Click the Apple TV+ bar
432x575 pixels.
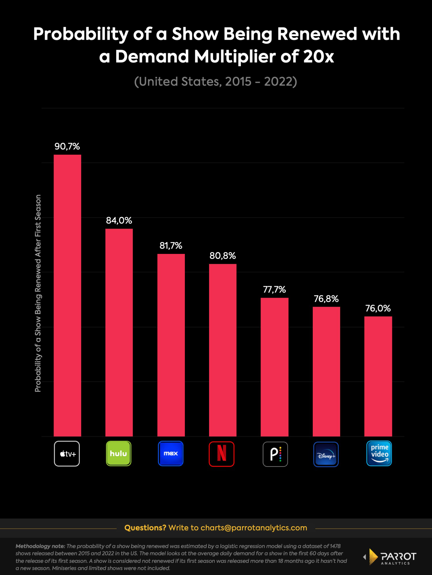(x=67, y=295)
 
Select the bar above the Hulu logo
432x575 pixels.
(x=119, y=332)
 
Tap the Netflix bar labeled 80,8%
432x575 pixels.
(x=223, y=350)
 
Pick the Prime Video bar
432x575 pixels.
(x=378, y=376)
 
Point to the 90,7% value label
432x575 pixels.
(x=67, y=147)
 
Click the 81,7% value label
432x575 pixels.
(x=171, y=246)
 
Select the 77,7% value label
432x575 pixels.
(x=274, y=289)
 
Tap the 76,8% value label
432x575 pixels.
(x=326, y=299)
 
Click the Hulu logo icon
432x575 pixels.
(x=119, y=454)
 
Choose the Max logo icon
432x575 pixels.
(x=170, y=454)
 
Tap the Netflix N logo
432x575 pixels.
(x=221, y=454)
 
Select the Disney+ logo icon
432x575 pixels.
(x=326, y=454)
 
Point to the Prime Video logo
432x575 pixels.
(x=379, y=453)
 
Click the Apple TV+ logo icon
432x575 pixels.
(x=67, y=454)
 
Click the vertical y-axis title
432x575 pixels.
(x=38, y=293)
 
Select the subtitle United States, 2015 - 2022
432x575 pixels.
(x=215, y=82)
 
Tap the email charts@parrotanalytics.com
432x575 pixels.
(x=254, y=528)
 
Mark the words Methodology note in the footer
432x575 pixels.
(x=40, y=546)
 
